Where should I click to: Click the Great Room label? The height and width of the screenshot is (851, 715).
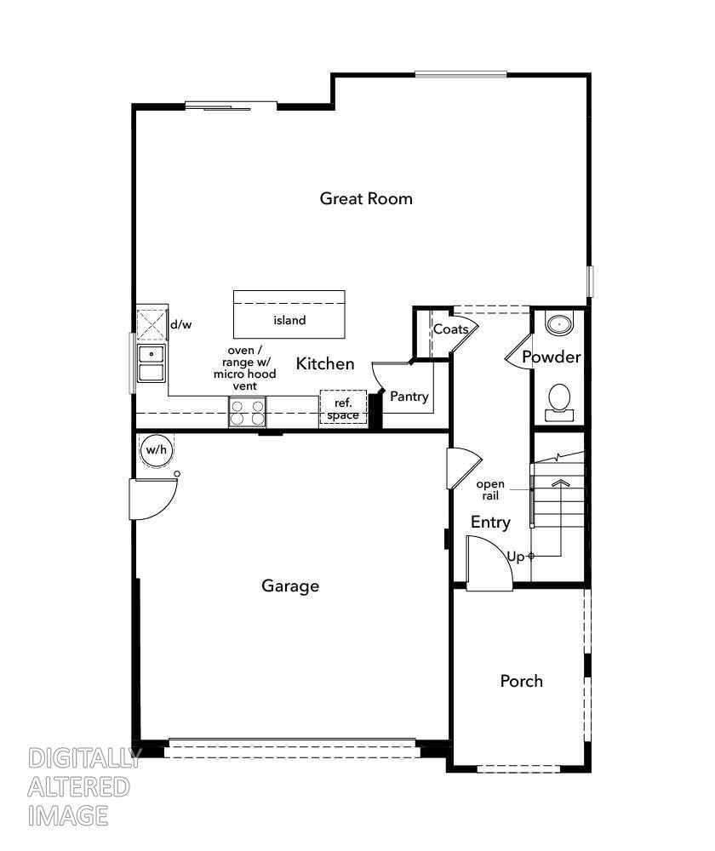366,198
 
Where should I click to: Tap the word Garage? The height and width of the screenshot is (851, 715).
290,585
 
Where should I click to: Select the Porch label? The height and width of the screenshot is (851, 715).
521,681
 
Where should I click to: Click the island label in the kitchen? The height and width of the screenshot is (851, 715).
289,321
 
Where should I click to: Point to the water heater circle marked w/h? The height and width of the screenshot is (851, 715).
155,450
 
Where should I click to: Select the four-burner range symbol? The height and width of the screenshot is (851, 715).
247,413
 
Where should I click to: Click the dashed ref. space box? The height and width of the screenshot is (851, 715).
343,408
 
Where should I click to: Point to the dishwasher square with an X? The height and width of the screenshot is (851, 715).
153,325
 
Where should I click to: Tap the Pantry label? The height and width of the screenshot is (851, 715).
409,397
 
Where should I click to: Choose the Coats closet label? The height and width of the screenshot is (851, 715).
450,329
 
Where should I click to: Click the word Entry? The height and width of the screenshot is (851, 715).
490,523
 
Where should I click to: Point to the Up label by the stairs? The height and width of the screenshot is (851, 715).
516,557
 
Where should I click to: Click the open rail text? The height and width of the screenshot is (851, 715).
490,489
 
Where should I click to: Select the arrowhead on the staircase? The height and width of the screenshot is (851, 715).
559,483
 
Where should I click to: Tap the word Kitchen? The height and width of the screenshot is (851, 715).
325,364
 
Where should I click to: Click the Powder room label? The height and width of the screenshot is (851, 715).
552,357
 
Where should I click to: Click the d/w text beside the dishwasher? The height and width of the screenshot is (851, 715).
180,324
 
